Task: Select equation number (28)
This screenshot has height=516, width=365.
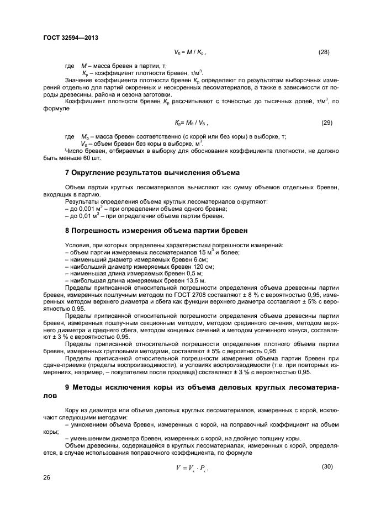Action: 324,52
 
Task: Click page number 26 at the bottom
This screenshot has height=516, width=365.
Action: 47,477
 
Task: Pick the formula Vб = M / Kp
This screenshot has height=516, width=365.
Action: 191,52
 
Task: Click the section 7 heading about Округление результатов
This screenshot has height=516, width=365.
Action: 152,172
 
